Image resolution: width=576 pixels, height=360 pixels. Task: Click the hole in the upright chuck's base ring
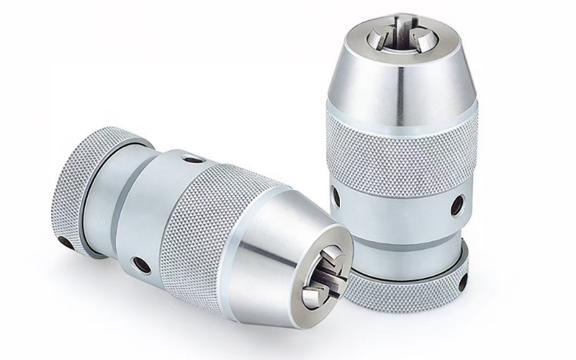click(x=462, y=276)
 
